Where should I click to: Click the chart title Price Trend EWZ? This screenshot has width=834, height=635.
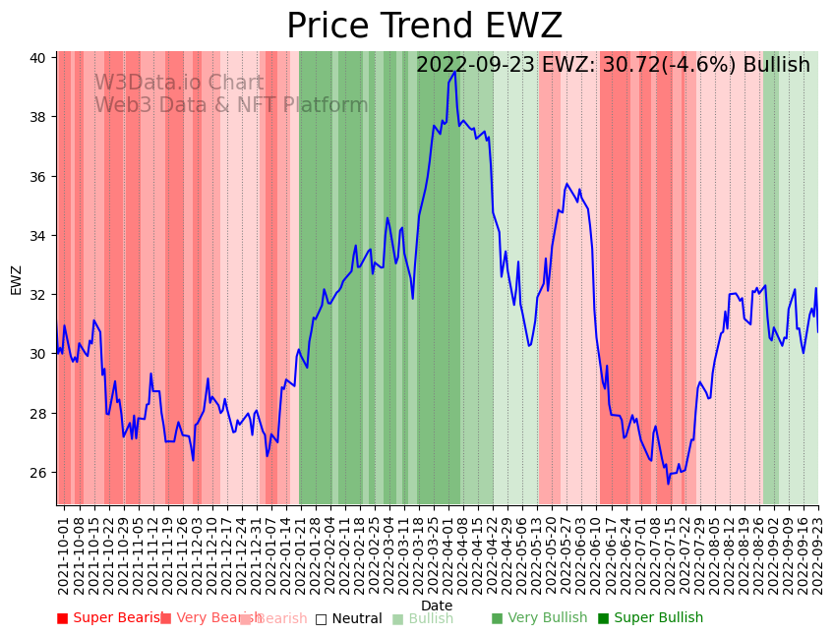424,27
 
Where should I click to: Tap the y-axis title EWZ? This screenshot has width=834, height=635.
16,279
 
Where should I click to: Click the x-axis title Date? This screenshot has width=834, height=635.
437,606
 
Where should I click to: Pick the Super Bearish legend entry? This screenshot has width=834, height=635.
111,618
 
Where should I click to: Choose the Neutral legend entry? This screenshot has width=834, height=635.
348,618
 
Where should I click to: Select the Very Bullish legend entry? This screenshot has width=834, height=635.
539,618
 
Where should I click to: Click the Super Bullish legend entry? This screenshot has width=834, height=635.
650,618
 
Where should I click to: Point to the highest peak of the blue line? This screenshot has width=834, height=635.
454,72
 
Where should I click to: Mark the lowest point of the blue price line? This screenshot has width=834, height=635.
668,484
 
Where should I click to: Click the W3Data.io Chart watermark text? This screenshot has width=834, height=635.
178,84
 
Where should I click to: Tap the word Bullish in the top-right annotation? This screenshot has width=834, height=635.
776,65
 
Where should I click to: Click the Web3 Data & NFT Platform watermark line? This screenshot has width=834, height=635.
231,105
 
